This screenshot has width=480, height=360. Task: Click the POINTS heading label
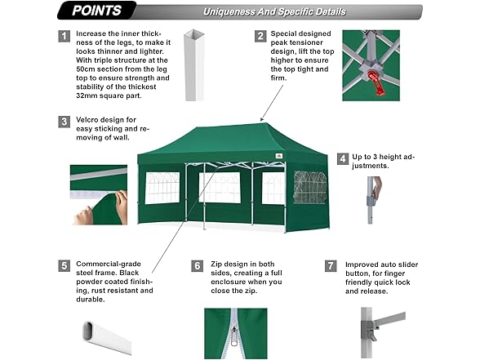click(x=96, y=11)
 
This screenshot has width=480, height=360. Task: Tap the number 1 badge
click(x=64, y=36)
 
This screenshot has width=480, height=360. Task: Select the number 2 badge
click(x=260, y=36)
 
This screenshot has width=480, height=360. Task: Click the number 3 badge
click(x=64, y=122)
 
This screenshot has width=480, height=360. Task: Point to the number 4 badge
click(x=343, y=159)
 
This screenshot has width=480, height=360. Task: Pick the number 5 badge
click(x=64, y=266)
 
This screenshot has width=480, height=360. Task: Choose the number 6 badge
click(x=198, y=266)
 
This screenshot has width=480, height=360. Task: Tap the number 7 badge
click(x=331, y=266)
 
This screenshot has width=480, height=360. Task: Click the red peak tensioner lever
click(x=376, y=82)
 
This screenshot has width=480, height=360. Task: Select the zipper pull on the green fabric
click(x=234, y=336)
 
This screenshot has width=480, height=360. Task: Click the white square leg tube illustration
click(x=194, y=65)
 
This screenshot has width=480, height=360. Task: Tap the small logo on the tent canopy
click(x=278, y=156)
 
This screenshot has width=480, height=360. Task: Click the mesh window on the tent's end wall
click(x=310, y=187)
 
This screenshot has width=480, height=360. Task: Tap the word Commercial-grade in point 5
click(x=109, y=264)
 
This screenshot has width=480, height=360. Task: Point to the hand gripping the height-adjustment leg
click(x=376, y=189)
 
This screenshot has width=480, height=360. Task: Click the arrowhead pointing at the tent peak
click(x=262, y=119)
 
